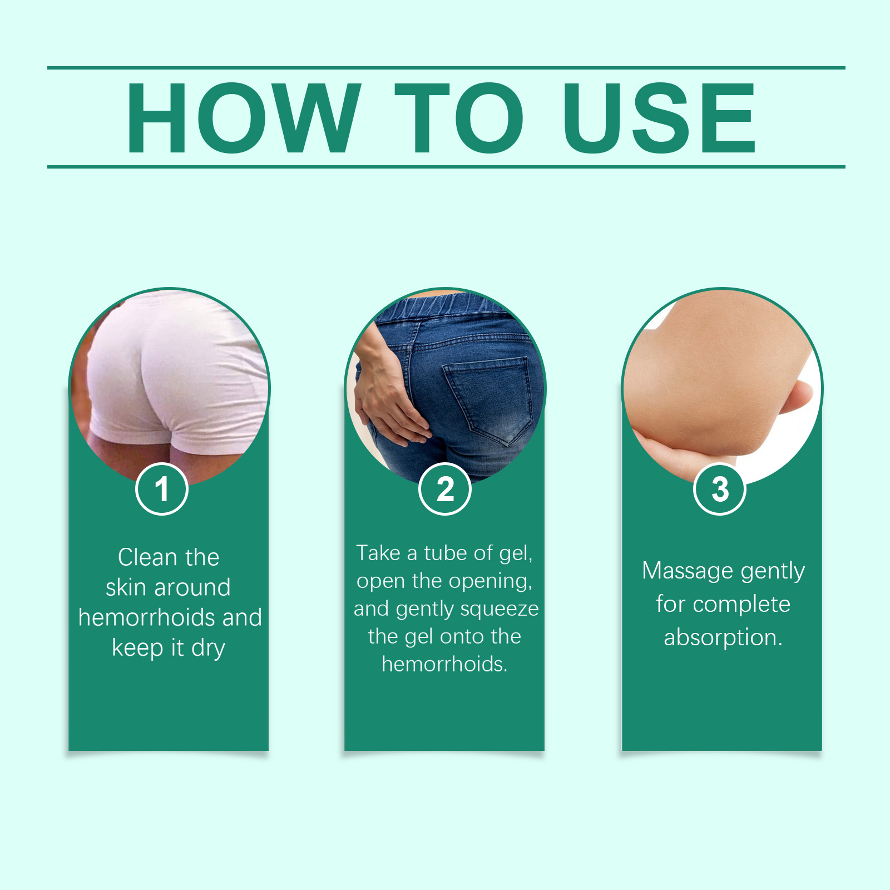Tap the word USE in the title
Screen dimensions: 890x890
click(659, 117)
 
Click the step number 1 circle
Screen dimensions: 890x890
click(162, 489)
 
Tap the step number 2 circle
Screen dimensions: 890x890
click(445, 489)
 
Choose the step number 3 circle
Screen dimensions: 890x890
click(720, 489)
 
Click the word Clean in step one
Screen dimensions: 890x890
click(147, 557)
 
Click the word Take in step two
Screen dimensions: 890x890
click(378, 553)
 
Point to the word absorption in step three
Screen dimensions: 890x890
click(723, 638)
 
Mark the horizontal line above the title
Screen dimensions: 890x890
click(446, 68)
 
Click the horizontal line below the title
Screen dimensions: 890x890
click(446, 166)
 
